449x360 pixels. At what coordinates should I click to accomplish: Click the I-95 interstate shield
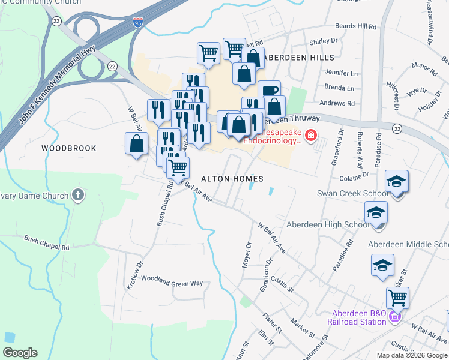138,23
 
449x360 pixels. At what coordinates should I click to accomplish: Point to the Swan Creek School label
345,194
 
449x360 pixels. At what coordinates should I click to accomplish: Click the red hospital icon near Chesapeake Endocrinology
311,135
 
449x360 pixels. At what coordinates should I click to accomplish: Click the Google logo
20,353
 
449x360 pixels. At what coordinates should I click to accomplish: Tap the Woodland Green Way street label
172,283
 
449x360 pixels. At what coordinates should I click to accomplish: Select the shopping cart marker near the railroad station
397,297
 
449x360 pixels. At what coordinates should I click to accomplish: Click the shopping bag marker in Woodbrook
137,143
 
